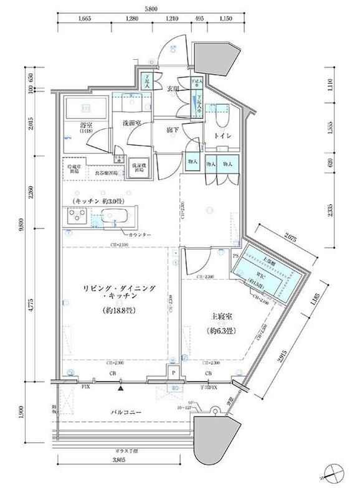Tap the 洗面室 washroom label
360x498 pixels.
pyautogui.click(x=131, y=123)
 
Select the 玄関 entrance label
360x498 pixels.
pyautogui.click(x=173, y=88)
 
